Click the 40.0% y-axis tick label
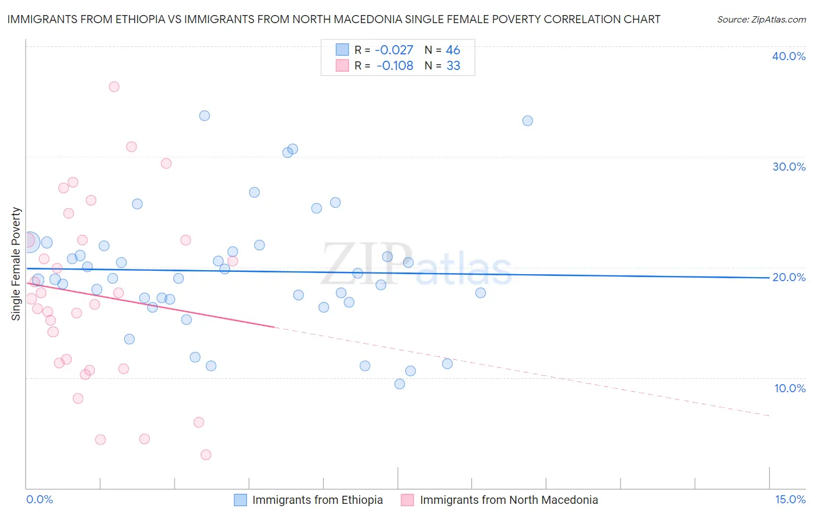click(x=789, y=56)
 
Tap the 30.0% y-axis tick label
click(x=789, y=167)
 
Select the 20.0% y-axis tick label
click(x=789, y=277)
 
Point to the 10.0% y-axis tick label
click(x=790, y=388)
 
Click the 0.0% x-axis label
click(x=39, y=499)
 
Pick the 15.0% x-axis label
click(x=790, y=499)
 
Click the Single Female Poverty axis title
click(x=16, y=264)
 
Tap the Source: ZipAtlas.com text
click(x=761, y=20)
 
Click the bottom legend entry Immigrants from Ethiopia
click(x=317, y=500)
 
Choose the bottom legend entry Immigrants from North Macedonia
click(x=509, y=500)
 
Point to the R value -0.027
click(x=394, y=50)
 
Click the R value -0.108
click(x=394, y=66)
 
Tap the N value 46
click(x=453, y=50)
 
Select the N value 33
click(x=453, y=66)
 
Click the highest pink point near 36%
click(x=114, y=87)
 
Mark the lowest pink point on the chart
click(x=206, y=455)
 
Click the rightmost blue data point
click(x=527, y=121)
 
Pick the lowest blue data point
click(x=400, y=384)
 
